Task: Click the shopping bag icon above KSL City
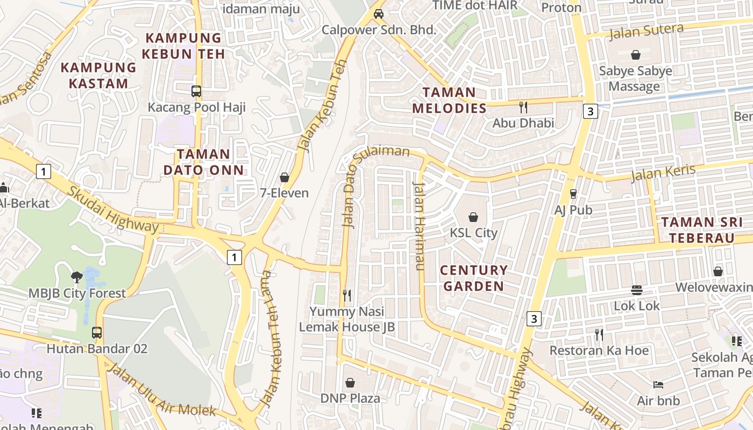473,217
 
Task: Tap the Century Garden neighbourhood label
473,278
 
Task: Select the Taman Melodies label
449,100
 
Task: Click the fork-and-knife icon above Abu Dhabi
523,107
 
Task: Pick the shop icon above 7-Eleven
284,177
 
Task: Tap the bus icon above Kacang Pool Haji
196,91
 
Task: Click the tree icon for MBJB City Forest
77,277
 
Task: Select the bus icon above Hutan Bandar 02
97,333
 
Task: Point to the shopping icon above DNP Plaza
350,383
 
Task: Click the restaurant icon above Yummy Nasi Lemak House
347,295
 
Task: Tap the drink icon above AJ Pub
573,194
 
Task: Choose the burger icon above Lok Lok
637,290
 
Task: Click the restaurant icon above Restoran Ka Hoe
599,335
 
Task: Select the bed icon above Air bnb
658,385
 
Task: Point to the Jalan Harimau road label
419,226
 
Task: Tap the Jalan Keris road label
663,173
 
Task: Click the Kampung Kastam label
98,75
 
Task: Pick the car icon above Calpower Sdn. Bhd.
379,14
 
